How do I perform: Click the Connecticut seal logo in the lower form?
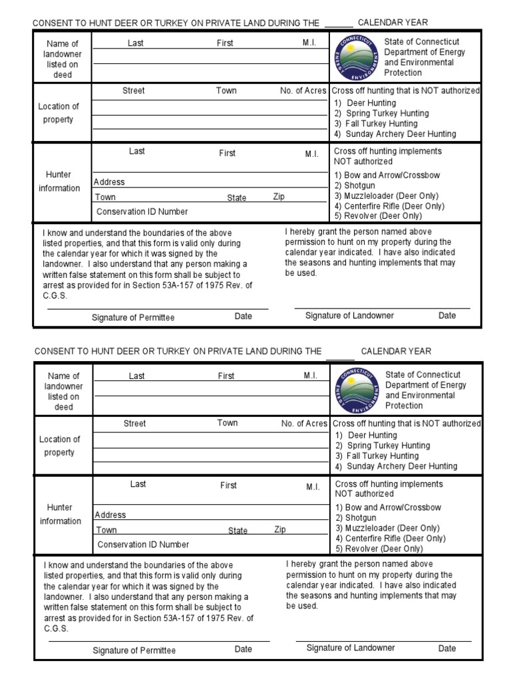pyautogui.click(x=357, y=390)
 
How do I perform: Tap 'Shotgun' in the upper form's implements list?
pyautogui.click(x=359, y=186)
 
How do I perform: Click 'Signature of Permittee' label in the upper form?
pyautogui.click(x=133, y=317)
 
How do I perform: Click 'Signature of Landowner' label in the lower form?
pyautogui.click(x=351, y=648)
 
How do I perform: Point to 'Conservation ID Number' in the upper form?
pyautogui.click(x=142, y=211)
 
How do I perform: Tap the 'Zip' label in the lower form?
pyautogui.click(x=280, y=529)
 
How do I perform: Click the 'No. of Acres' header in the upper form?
pyautogui.click(x=303, y=90)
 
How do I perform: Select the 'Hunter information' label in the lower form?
pyautogui.click(x=59, y=515)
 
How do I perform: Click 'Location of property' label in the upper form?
pyautogui.click(x=59, y=113)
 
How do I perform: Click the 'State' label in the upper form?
pyautogui.click(x=236, y=198)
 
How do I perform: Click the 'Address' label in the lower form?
pyautogui.click(x=110, y=515)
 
